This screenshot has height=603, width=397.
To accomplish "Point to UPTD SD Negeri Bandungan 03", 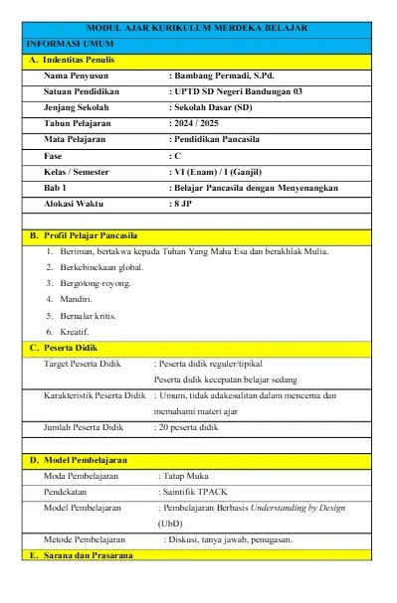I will [x=240, y=91].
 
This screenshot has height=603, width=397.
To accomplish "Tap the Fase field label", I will [x=56, y=156].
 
